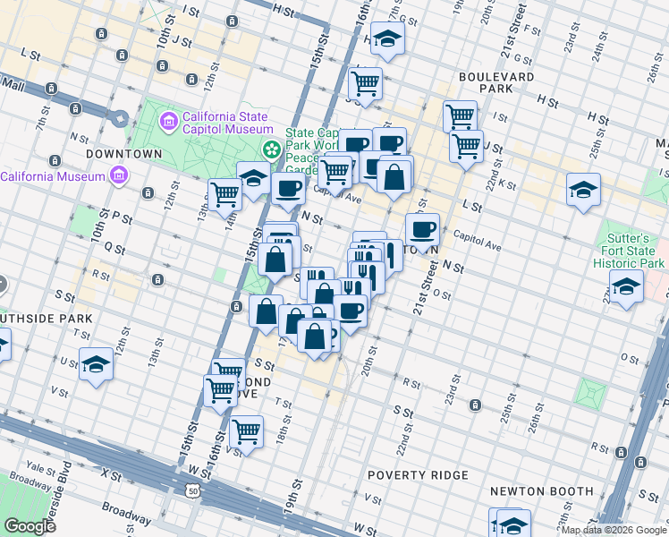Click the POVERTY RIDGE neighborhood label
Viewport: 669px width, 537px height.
click(418, 474)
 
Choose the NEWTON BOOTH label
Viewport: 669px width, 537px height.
click(541, 490)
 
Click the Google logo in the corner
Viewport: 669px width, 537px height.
click(30, 526)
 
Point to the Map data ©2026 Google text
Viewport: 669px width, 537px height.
click(614, 530)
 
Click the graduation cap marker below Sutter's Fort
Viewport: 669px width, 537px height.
click(626, 286)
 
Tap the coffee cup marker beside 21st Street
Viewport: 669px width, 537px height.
click(422, 229)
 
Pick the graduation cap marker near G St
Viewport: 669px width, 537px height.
click(387, 38)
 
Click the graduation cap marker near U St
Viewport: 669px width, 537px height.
click(96, 363)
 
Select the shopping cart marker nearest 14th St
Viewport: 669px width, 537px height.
click(224, 192)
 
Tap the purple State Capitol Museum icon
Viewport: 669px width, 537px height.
click(167, 120)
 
